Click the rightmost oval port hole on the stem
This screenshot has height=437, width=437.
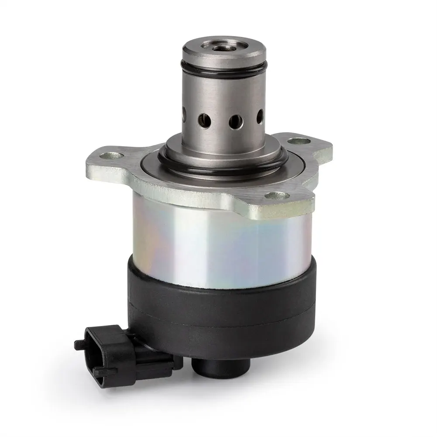260,117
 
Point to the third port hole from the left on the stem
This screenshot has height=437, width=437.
235,120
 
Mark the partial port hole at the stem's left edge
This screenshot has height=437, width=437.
185,115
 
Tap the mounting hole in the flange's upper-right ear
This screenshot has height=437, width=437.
298,141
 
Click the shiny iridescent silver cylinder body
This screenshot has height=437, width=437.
218,244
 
